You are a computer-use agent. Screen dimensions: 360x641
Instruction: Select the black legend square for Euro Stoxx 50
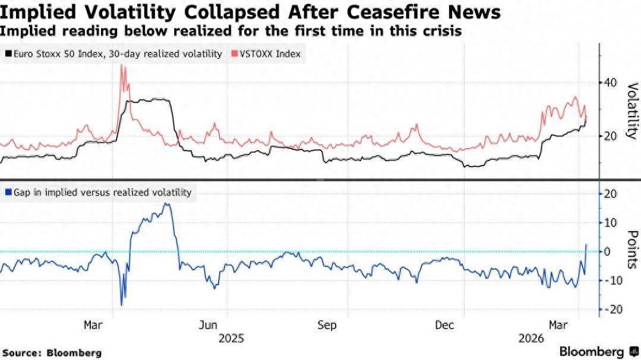click(8, 54)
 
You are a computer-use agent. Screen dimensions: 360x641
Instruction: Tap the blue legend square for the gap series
click(8, 192)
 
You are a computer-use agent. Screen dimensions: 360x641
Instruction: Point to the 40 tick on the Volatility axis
click(610, 83)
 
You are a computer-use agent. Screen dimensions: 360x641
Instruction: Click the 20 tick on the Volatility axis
click(610, 135)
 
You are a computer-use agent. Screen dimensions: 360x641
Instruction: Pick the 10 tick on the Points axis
click(610, 222)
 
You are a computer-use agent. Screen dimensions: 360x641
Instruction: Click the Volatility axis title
click(631, 111)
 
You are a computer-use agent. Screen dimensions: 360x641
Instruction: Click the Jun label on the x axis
click(208, 325)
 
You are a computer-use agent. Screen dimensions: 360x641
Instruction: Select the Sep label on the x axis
click(327, 325)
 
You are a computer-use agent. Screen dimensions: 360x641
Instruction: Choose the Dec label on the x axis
click(445, 325)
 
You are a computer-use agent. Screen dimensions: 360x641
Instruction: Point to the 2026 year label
click(530, 338)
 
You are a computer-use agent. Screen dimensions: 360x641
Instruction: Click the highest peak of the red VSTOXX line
click(122, 66)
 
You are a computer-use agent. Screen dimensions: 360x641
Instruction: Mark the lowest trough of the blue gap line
click(122, 305)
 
